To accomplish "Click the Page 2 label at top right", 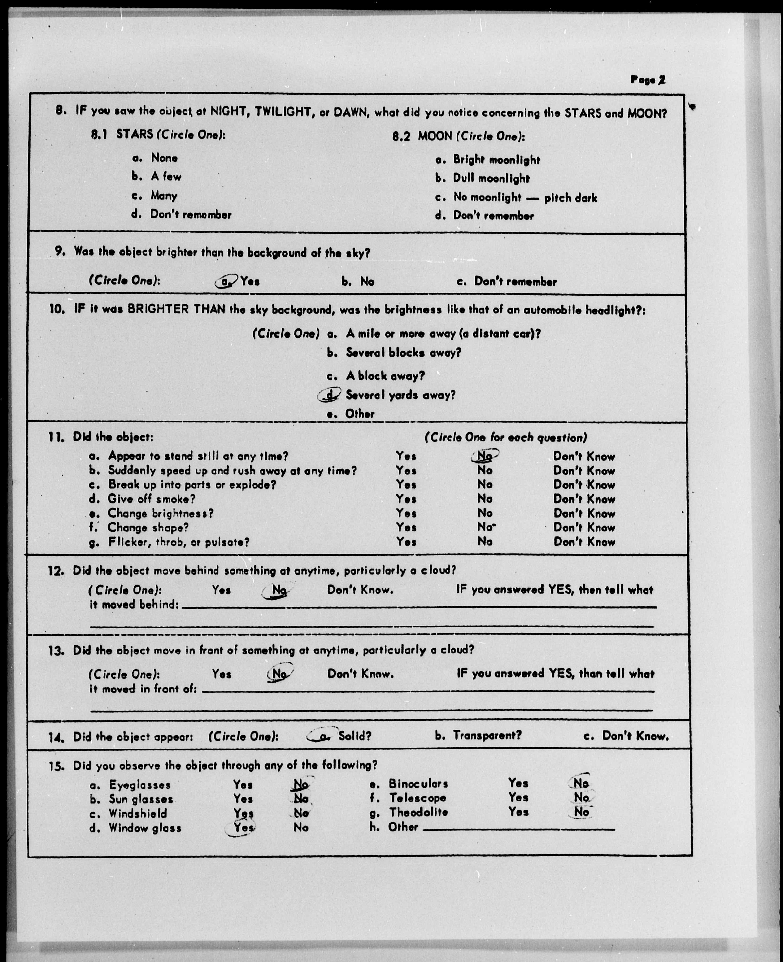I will click(648, 80).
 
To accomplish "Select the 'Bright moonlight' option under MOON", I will click(496, 160).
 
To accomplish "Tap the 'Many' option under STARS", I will click(164, 195).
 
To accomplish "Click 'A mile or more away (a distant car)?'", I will click(443, 334).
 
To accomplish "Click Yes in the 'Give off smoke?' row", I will click(406, 499).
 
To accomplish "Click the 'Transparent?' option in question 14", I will click(487, 736).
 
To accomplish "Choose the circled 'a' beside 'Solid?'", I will click(322, 736).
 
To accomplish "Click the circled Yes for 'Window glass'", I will click(243, 828).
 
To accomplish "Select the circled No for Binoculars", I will click(581, 783).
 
